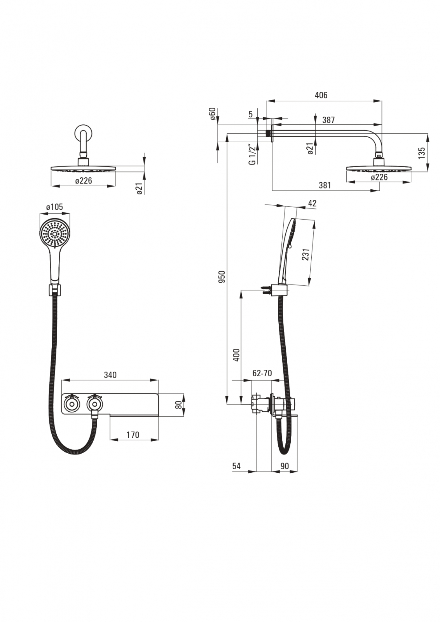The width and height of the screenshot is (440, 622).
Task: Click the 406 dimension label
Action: [321, 95]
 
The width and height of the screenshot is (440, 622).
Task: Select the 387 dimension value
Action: [328, 120]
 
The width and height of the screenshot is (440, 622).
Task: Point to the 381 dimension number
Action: [325, 185]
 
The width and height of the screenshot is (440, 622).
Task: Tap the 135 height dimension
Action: [422, 152]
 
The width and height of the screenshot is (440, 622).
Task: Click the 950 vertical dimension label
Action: [222, 276]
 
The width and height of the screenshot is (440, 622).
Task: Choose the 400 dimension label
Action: [236, 355]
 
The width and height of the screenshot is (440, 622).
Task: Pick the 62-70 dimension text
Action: [262, 374]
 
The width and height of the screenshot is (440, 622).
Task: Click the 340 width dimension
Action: [110, 375]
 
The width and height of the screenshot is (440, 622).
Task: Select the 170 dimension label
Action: [133, 435]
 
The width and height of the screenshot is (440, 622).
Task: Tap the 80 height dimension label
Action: [178, 405]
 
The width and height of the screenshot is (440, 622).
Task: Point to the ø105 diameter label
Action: [54, 207]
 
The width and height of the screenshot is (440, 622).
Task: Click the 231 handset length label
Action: [306, 254]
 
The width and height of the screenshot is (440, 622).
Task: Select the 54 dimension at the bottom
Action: [236, 466]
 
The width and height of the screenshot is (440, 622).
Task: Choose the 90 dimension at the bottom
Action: [285, 466]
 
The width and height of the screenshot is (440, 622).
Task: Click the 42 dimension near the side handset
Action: [312, 203]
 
